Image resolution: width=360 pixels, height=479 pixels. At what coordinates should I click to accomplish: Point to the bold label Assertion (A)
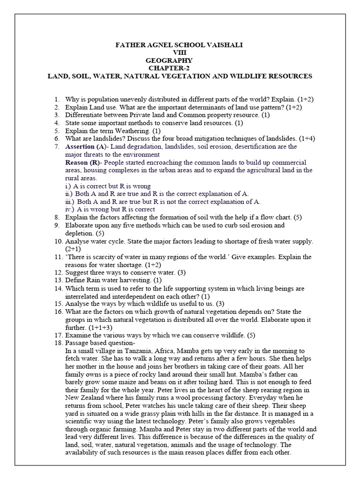86,146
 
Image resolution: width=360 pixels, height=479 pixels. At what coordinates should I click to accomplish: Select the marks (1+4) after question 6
309,138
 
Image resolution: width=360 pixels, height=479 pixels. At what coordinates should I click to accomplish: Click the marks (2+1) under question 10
74,249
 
